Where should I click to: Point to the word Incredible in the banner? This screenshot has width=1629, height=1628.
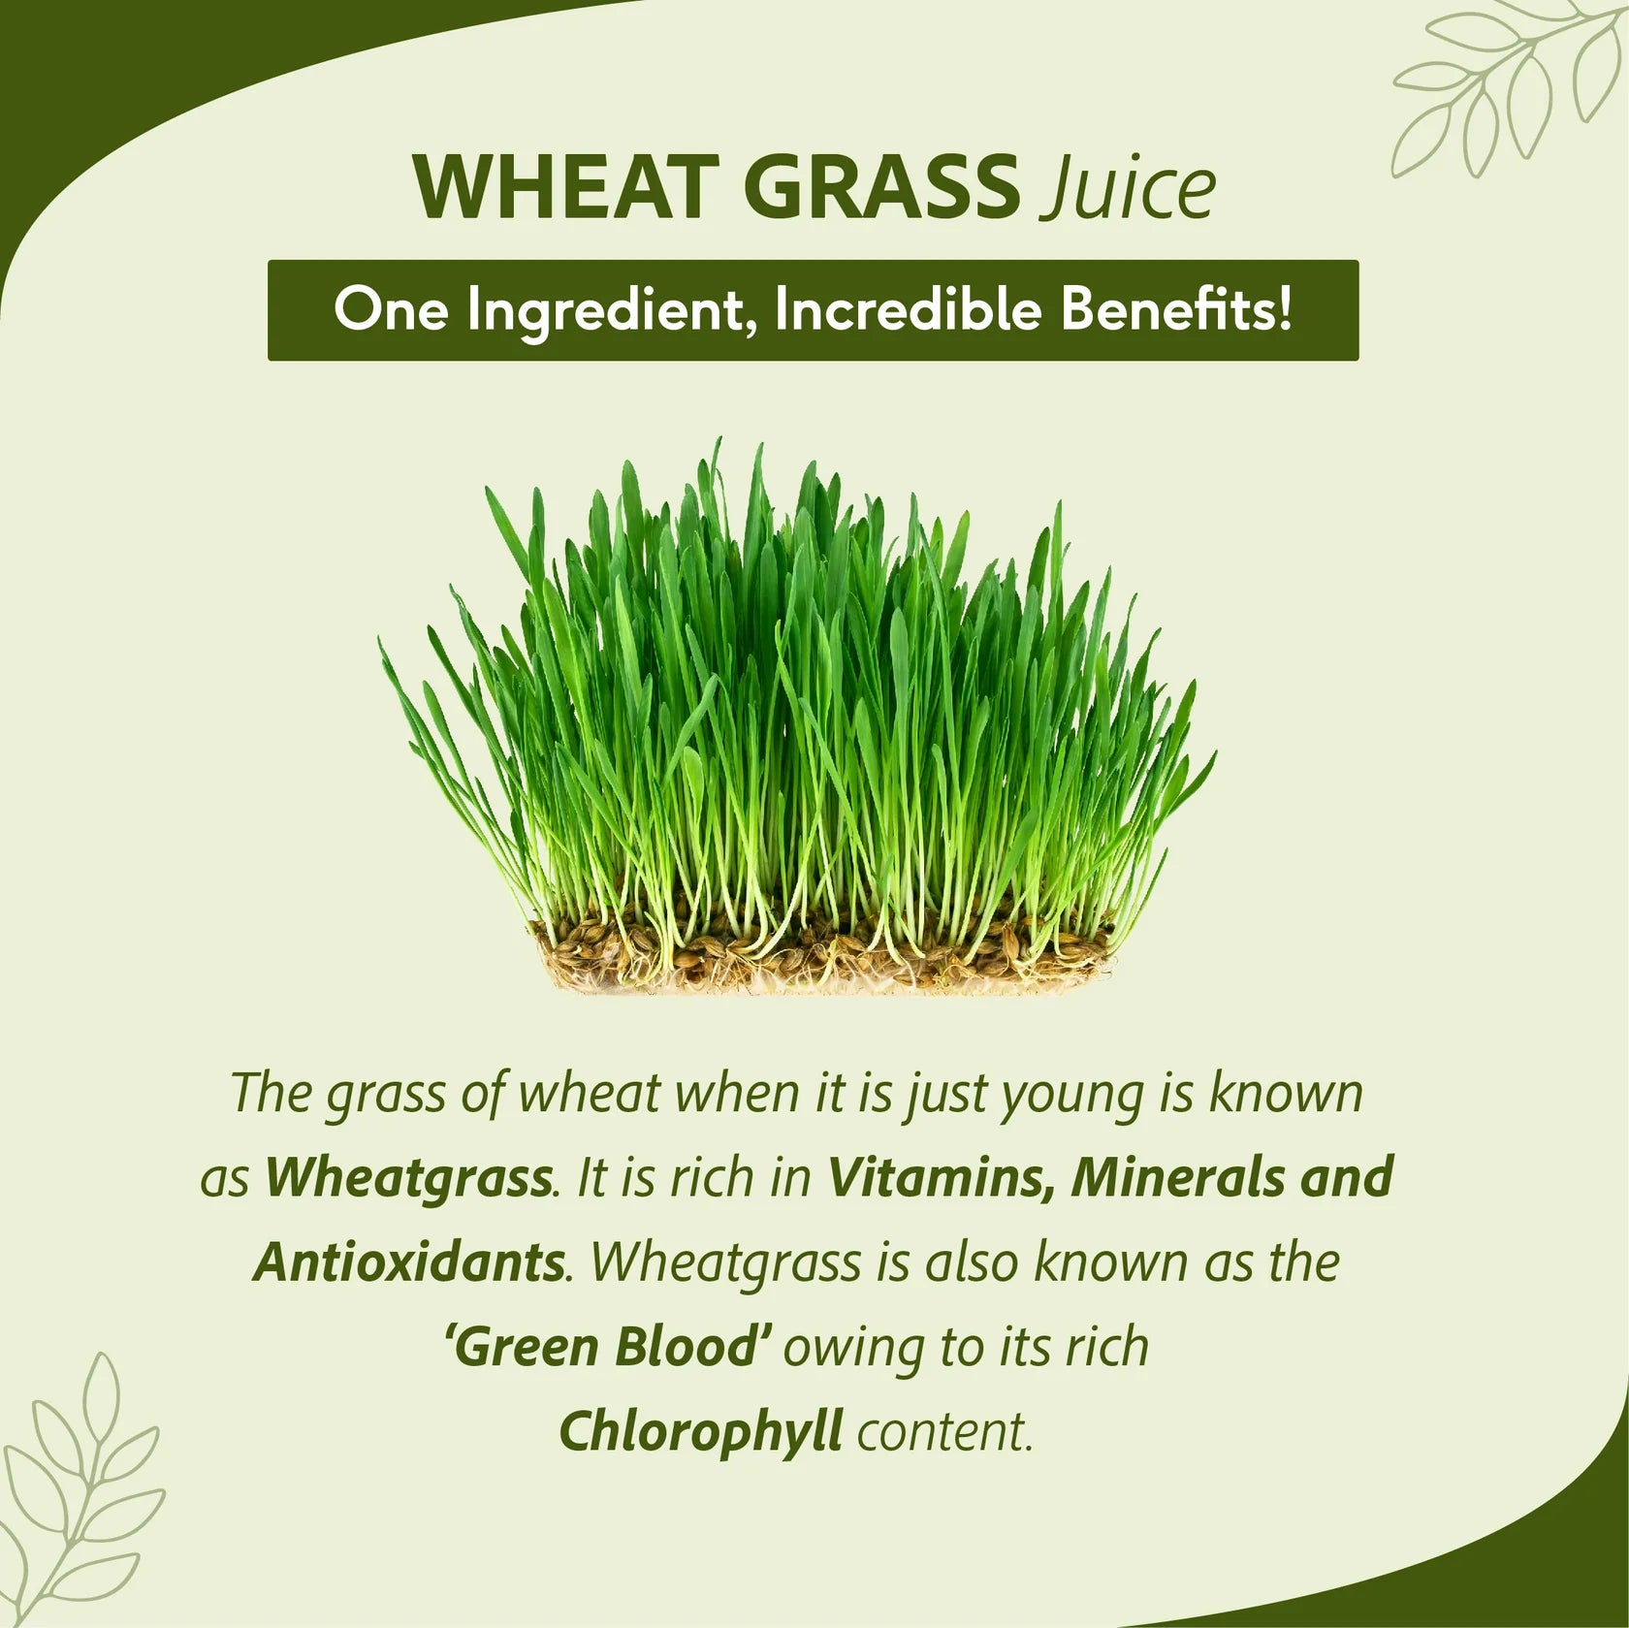click(908, 310)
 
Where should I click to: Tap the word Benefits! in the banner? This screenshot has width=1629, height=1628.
click(1175, 310)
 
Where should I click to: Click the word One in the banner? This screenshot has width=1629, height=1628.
click(390, 310)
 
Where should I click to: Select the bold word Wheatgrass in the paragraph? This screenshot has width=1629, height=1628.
click(408, 1178)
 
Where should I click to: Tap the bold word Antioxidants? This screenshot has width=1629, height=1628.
click(408, 1261)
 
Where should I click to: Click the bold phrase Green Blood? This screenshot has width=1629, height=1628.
click(608, 1347)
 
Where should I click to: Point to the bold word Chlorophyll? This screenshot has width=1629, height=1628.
click(699, 1432)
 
